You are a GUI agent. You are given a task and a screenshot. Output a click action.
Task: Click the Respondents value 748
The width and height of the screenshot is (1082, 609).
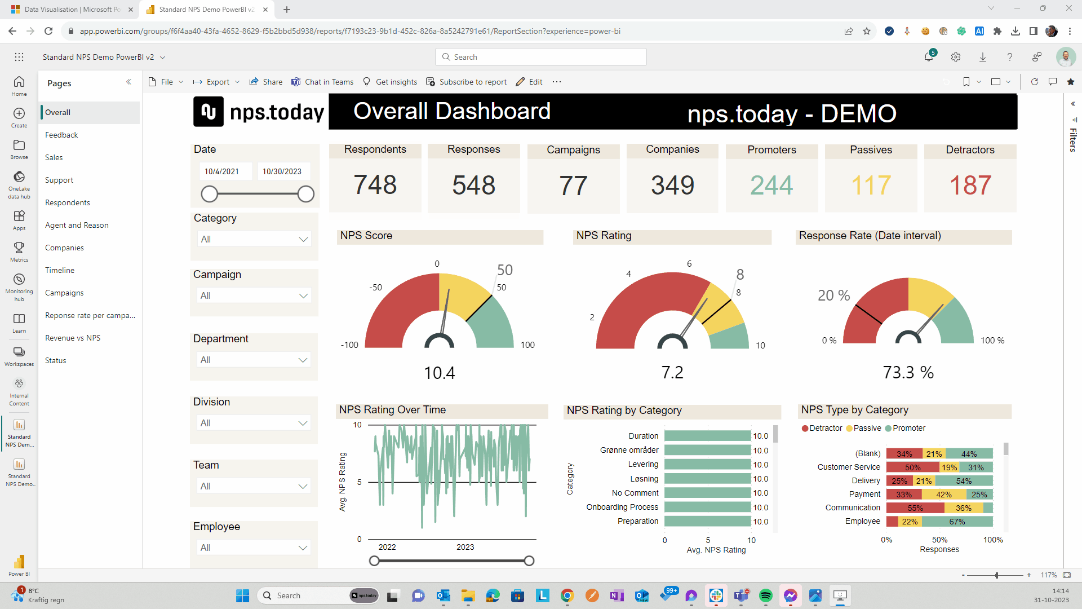[375, 185]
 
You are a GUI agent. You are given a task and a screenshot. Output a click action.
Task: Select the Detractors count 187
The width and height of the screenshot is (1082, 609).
[970, 185]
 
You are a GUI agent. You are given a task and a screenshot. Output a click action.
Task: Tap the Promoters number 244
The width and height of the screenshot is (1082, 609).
[771, 185]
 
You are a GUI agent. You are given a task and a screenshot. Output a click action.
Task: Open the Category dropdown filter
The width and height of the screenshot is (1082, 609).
[254, 239]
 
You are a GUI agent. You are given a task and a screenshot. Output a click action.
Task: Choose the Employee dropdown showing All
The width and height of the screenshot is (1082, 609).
[254, 548]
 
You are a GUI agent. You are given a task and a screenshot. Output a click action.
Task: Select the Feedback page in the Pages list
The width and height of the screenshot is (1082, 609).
[61, 135]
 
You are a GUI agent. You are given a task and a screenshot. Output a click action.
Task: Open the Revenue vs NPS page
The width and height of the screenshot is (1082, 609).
[73, 338]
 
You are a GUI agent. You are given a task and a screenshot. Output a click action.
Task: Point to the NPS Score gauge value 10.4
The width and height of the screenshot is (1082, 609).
[439, 373]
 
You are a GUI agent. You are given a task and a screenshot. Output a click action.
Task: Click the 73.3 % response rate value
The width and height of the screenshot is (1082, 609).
[908, 372]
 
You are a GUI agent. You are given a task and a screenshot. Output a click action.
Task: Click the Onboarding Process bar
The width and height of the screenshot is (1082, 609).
[707, 507]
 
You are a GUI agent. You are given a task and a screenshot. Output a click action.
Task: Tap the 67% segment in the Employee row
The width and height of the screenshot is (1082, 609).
[957, 522]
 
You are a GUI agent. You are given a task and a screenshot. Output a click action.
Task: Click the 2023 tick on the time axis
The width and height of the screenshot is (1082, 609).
[465, 547]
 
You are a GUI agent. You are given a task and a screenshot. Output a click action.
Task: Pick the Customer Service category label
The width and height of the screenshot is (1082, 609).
[848, 467]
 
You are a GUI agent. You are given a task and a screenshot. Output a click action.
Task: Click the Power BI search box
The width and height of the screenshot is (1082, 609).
[541, 57]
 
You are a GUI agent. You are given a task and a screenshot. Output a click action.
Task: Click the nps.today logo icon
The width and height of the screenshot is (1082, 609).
[209, 111]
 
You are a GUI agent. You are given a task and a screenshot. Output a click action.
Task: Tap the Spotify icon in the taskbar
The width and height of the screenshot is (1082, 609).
[765, 595]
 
